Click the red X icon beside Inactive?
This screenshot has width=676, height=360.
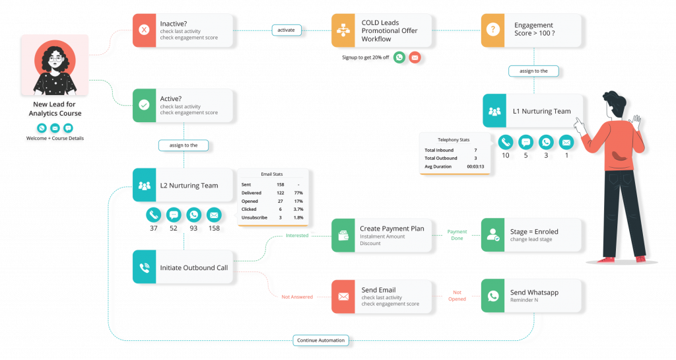145,30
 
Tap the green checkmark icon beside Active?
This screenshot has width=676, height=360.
145,105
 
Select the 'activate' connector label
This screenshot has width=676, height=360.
286,30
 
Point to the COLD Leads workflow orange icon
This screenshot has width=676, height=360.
343,30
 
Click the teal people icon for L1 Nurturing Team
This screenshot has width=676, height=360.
494,111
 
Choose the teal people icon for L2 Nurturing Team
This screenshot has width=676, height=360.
145,186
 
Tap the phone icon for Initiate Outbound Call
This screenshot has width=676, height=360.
145,268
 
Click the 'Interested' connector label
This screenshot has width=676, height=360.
296,234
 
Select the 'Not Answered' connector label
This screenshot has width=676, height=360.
297,297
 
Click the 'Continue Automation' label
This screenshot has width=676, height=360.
321,340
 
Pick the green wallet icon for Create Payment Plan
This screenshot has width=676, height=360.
343,234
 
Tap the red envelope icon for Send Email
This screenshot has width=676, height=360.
343,297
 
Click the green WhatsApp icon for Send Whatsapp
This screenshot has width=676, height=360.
492,296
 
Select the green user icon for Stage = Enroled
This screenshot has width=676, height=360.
492,234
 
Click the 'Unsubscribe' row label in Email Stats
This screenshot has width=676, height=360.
254,217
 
